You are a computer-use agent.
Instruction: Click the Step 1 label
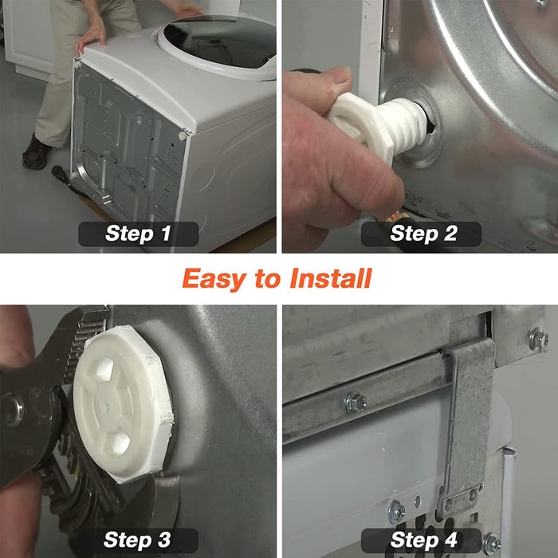[x=138, y=234]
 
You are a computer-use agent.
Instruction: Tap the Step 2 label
[x=423, y=234]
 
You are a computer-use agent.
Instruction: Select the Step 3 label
[x=137, y=540]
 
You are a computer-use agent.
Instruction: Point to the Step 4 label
[x=423, y=540]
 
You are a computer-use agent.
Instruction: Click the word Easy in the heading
[x=214, y=279]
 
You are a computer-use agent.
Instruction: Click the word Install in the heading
[x=331, y=278]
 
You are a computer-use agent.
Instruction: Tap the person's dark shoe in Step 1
[x=36, y=152]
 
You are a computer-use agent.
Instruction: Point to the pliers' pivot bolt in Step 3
[x=12, y=410]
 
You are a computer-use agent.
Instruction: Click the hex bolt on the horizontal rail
[x=356, y=403]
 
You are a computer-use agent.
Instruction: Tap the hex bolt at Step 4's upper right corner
[x=538, y=339]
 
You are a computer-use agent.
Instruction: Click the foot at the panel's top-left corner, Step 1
[x=77, y=65]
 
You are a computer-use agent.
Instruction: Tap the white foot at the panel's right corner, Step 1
[x=183, y=136]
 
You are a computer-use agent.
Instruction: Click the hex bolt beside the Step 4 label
[x=492, y=544]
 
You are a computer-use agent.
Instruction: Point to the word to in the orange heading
[x=268, y=279]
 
